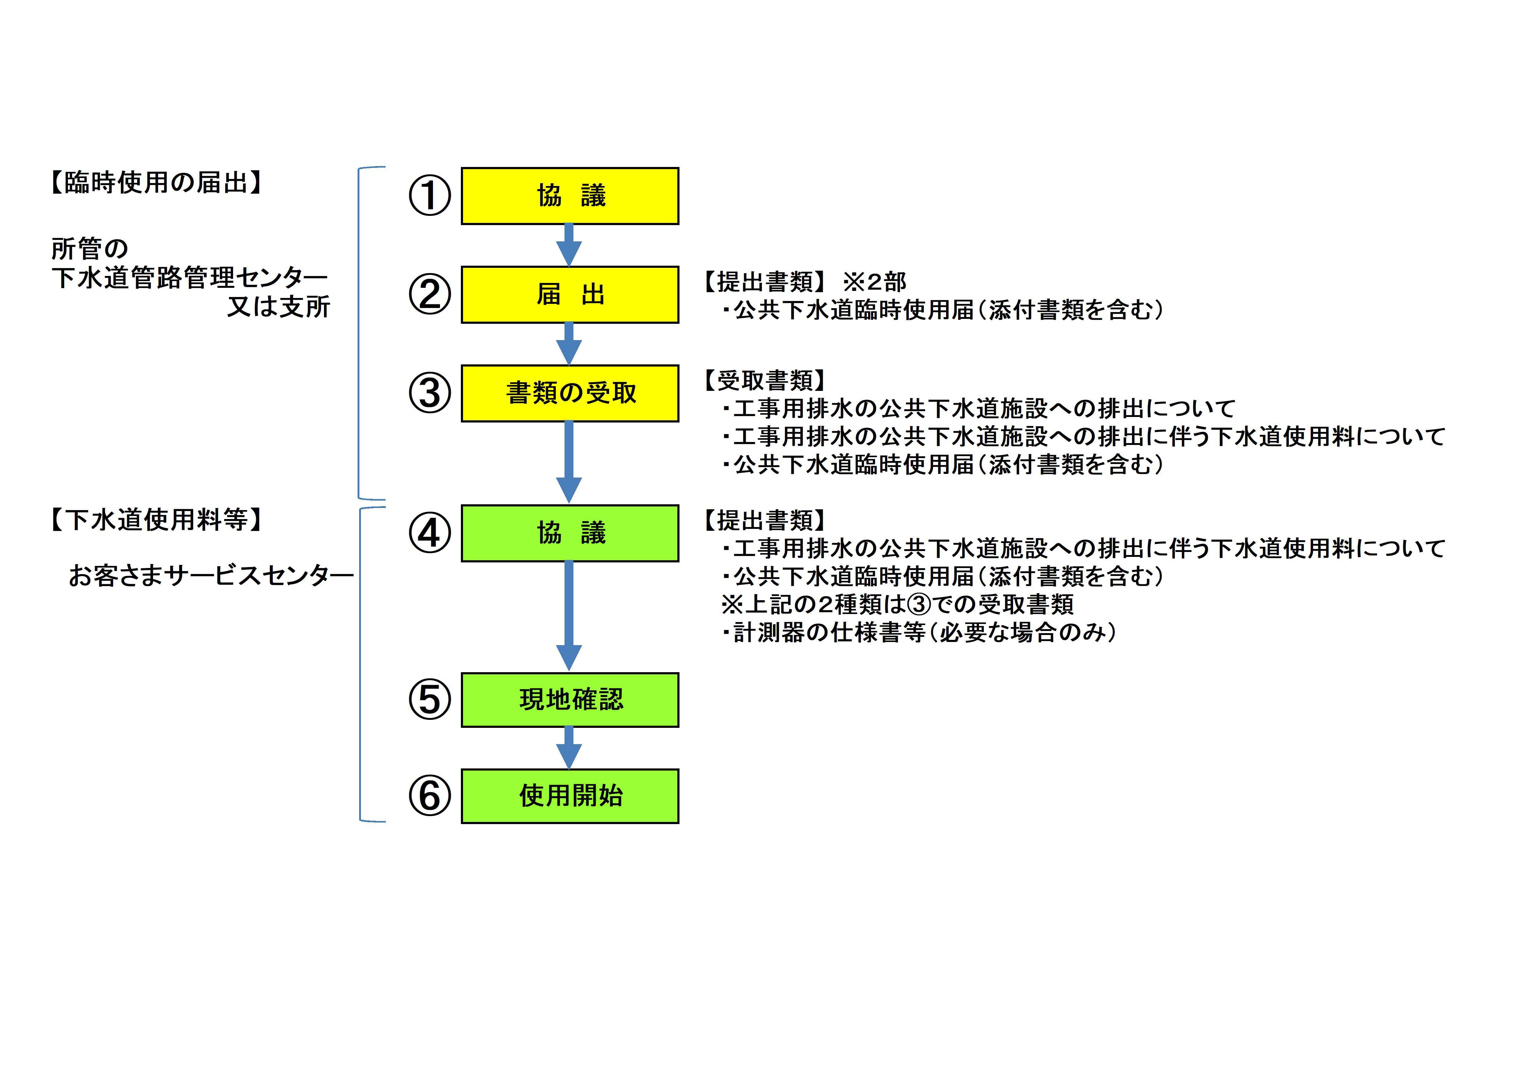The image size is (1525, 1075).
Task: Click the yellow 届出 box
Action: (570, 294)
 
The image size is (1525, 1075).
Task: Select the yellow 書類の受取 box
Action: (570, 393)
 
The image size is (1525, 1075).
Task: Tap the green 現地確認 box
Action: (570, 700)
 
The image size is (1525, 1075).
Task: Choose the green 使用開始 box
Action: (570, 796)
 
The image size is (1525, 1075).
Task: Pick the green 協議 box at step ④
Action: (570, 533)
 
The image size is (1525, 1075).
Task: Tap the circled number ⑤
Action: (429, 700)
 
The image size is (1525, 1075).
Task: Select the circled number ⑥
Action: (429, 796)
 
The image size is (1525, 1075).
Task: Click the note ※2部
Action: (874, 282)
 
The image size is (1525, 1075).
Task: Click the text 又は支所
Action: (278, 306)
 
